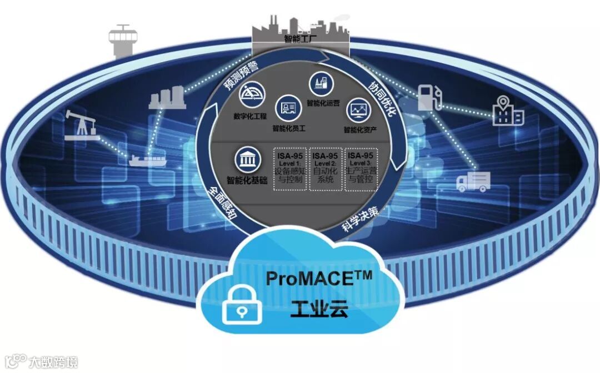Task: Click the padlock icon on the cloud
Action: click(x=242, y=308)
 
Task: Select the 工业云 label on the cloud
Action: click(x=319, y=306)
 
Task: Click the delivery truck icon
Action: click(x=473, y=182)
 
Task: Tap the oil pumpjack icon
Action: click(x=79, y=124)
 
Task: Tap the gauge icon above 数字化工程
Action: click(x=252, y=94)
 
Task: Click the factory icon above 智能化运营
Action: click(x=320, y=83)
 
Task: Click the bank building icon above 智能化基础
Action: click(x=247, y=160)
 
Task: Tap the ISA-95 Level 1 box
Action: click(x=289, y=169)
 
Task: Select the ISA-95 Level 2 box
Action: click(x=325, y=169)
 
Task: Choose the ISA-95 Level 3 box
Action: click(x=361, y=169)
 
